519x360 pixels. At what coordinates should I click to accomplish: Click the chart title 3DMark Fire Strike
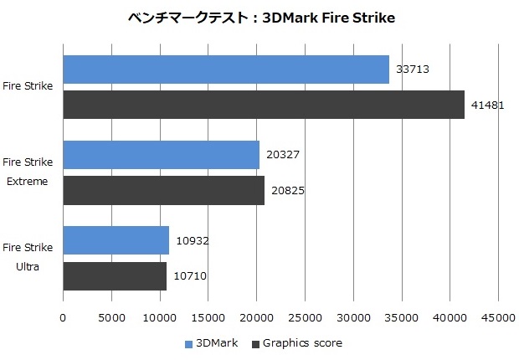click(259, 17)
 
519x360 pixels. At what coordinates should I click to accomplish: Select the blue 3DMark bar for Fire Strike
click(226, 69)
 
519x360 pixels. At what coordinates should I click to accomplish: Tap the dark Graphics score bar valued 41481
click(264, 105)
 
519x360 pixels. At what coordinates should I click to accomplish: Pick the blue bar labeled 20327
click(162, 155)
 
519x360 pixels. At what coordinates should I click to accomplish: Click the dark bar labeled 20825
click(164, 190)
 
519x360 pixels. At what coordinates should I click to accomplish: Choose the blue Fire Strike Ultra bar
click(116, 240)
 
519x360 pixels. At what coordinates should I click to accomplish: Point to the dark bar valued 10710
click(116, 275)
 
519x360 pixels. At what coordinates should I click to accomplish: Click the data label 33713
click(413, 69)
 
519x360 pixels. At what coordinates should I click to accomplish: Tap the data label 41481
click(487, 105)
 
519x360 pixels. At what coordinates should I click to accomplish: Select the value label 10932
click(192, 240)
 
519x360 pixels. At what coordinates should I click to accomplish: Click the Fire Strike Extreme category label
click(28, 171)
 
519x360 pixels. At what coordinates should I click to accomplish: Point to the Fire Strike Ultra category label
click(28, 256)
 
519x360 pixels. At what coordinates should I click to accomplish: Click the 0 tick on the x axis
click(63, 317)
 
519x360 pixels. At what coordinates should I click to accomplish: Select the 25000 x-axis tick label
click(305, 317)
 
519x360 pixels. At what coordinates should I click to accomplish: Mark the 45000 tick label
click(498, 317)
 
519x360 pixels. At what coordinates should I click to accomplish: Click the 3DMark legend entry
click(216, 343)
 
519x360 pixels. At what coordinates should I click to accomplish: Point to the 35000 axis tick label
click(401, 317)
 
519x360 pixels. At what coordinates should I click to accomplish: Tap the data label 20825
click(288, 190)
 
